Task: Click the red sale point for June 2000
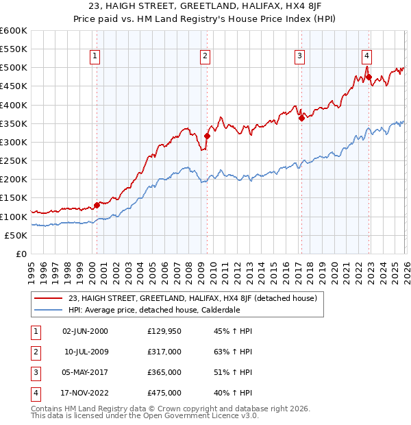[97, 204]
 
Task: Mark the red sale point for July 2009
[207, 136]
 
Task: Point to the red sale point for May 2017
[301, 118]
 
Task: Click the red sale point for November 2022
[369, 77]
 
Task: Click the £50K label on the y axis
[16, 235]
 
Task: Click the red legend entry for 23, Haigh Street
[192, 298]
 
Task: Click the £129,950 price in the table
[164, 331]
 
